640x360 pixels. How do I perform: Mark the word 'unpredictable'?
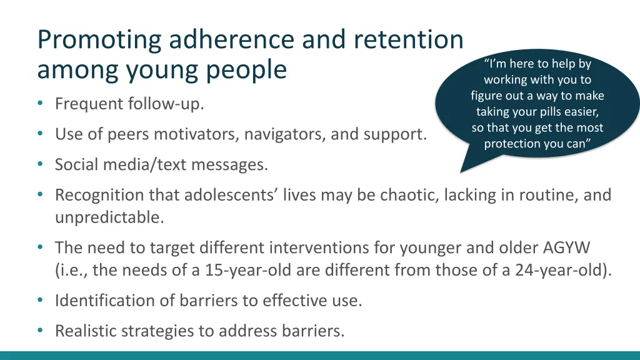(109, 217)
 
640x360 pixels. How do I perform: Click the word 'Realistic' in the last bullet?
(82, 331)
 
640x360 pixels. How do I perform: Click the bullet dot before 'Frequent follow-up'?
(41, 104)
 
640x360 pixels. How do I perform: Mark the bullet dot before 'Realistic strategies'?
(41, 331)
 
